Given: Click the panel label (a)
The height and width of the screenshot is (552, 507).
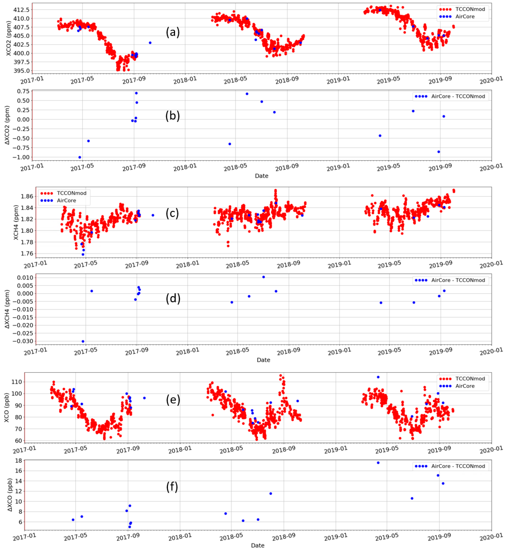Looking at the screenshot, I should [173, 32].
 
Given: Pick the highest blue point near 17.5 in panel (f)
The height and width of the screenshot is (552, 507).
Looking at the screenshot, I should [378, 463].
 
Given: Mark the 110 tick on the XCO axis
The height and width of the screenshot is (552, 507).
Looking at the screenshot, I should [18, 382].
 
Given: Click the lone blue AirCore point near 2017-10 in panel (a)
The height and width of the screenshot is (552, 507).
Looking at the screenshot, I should [150, 43].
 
